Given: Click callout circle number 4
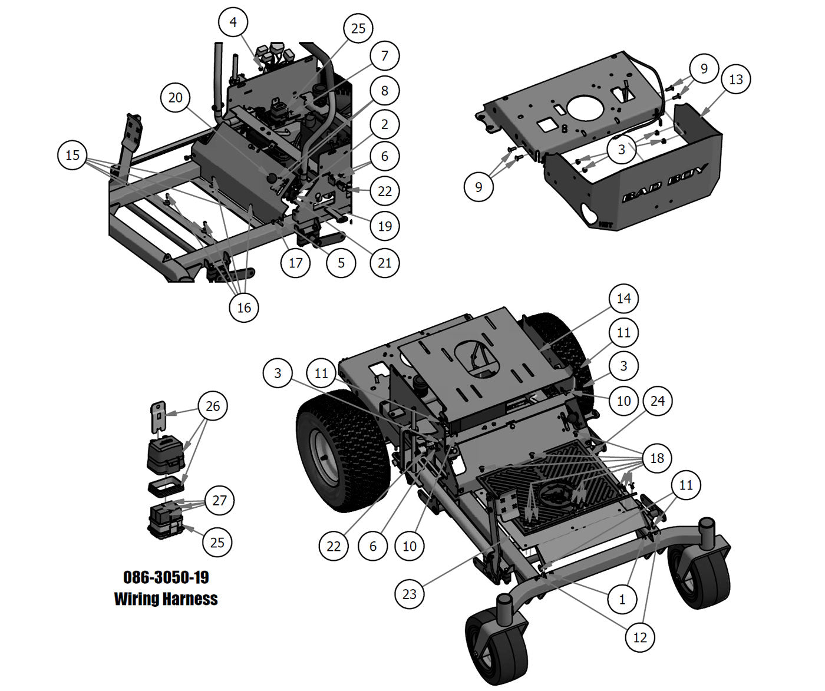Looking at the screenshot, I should click(233, 22).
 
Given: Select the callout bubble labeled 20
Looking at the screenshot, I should click(176, 97).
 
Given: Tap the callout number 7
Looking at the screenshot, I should click(385, 56).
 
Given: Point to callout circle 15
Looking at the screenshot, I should click(72, 155).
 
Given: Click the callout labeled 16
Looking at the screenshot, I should click(244, 307).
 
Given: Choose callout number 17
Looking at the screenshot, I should click(295, 263).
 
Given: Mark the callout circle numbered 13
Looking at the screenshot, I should click(736, 79).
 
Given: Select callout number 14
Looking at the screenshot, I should click(623, 299).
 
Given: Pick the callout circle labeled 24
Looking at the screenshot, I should click(657, 401).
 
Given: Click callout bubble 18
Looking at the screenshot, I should click(657, 458).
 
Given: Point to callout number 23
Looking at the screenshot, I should click(410, 594).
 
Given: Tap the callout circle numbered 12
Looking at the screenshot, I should click(640, 637).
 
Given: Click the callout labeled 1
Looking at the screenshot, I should click(622, 600).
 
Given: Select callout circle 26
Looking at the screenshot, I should click(213, 406).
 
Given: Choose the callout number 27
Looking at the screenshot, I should click(219, 500).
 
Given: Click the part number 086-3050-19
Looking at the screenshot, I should click(166, 577).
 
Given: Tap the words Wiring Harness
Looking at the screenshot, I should click(166, 599).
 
